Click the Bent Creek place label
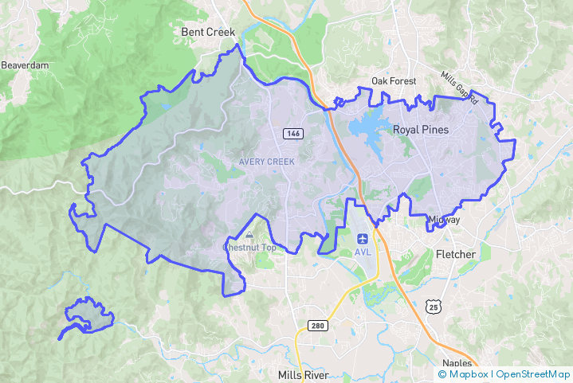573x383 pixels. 209,32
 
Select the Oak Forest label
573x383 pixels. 390,81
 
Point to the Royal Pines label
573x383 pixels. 421,129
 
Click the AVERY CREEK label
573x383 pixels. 267,162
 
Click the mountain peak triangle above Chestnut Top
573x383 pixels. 249,235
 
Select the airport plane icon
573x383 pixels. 363,238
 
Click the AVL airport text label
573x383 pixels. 363,252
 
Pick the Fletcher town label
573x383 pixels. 456,255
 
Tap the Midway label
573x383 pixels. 444,220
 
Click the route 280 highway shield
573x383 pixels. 316,325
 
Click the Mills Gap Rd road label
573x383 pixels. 459,88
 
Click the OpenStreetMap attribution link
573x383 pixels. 533,374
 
